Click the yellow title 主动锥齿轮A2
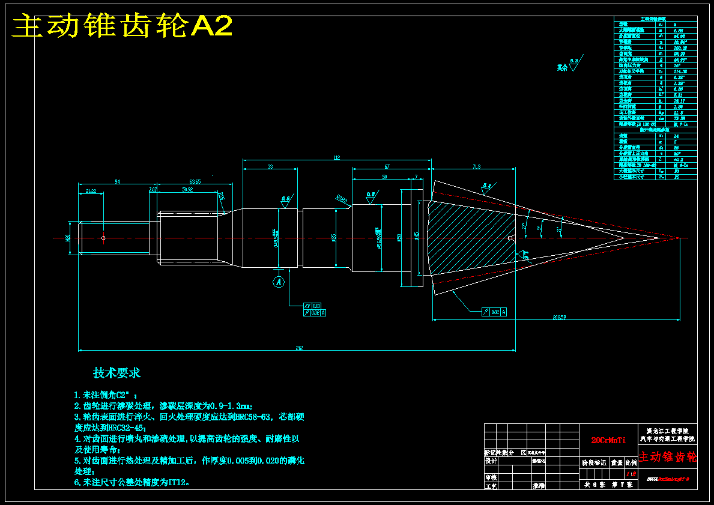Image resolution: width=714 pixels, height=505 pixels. pyautogui.click(x=123, y=26)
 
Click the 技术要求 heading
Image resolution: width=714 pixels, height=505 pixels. pyautogui.click(x=116, y=373)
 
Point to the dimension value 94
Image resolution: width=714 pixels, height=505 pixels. pyautogui.click(x=118, y=181)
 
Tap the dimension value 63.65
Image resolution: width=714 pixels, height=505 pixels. pyautogui.click(x=195, y=181)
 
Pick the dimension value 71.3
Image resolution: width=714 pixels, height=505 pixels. pyautogui.click(x=476, y=166)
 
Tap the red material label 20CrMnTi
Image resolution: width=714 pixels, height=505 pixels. pyautogui.click(x=608, y=440)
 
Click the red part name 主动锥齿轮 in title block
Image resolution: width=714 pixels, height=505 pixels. pyautogui.click(x=668, y=457)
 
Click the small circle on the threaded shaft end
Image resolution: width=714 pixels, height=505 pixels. pyautogui.click(x=103, y=238)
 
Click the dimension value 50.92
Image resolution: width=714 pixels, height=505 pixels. pyautogui.click(x=187, y=190)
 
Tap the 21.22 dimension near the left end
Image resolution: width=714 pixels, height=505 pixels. pyautogui.click(x=91, y=190)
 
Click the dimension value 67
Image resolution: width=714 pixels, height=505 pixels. pyautogui.click(x=387, y=166)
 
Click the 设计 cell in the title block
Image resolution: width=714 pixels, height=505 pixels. pyautogui.click(x=491, y=461)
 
